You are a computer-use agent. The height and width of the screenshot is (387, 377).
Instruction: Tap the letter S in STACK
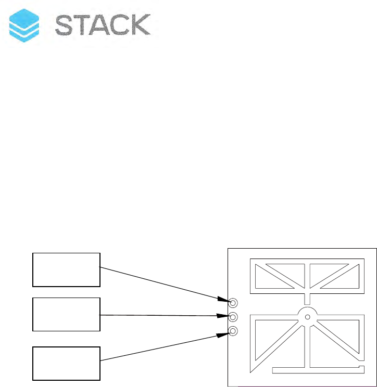(x=66, y=25)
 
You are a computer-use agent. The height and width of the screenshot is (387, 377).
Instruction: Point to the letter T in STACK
(x=86, y=25)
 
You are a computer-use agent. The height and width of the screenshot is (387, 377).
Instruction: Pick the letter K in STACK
(x=142, y=25)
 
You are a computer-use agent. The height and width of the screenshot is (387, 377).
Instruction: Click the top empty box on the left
(x=66, y=269)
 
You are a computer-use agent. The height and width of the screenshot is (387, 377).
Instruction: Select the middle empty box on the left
(x=66, y=314)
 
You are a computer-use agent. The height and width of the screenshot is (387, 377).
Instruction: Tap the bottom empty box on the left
(x=66, y=363)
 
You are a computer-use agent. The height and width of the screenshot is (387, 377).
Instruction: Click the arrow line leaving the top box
(x=156, y=283)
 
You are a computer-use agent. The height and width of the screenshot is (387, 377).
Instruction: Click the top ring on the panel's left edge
(x=233, y=303)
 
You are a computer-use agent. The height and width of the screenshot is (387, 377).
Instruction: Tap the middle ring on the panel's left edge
(x=233, y=317)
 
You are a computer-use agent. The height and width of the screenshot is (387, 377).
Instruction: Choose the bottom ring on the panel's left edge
(x=233, y=331)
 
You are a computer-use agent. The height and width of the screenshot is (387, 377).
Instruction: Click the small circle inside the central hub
(x=307, y=317)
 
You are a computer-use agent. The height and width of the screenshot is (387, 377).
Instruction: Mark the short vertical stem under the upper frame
(x=307, y=299)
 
